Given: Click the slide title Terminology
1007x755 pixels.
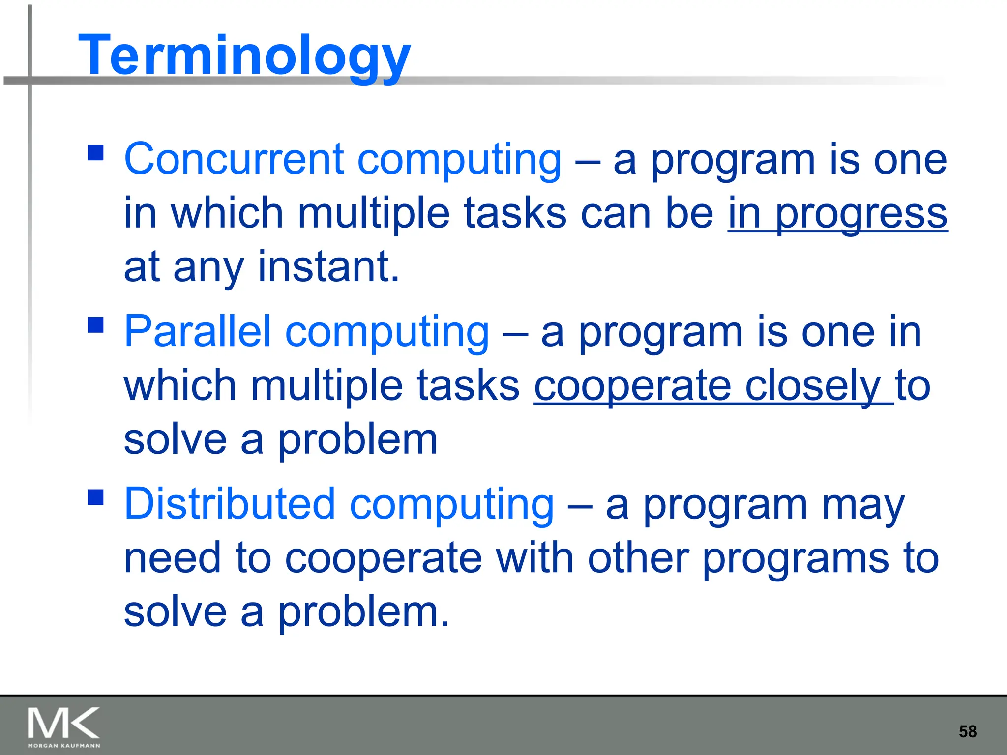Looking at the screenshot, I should [244, 55].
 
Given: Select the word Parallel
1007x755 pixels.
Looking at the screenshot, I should [198, 332].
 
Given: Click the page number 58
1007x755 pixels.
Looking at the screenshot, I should [967, 731].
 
